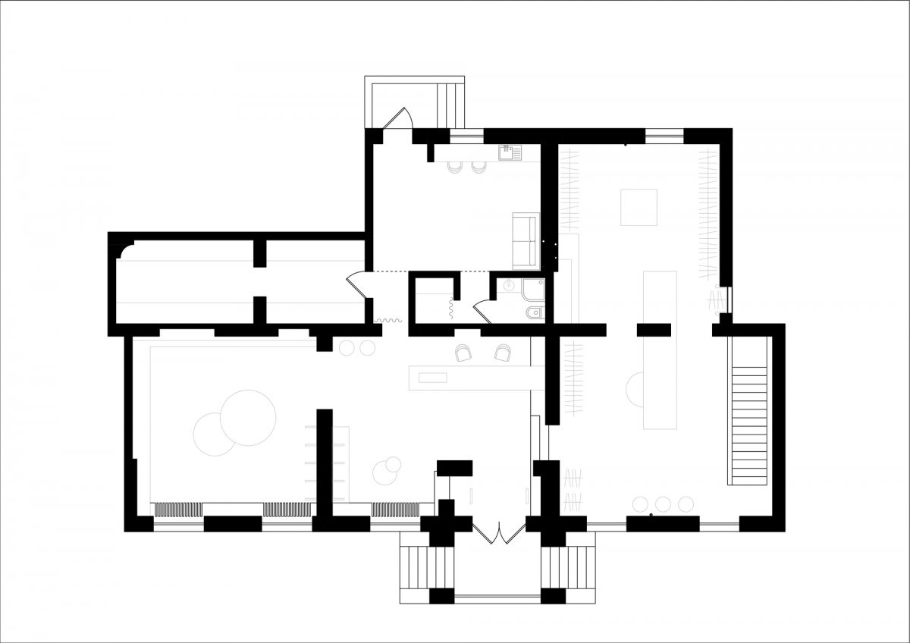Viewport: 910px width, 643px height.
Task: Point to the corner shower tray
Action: click(533, 290)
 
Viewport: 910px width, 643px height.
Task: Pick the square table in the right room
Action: click(639, 206)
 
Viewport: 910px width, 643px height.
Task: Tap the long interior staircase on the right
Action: click(749, 425)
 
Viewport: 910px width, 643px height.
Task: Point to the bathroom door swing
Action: click(480, 310)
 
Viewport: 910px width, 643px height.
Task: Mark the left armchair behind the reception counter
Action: click(465, 353)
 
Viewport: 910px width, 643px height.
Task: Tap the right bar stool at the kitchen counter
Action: click(478, 167)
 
